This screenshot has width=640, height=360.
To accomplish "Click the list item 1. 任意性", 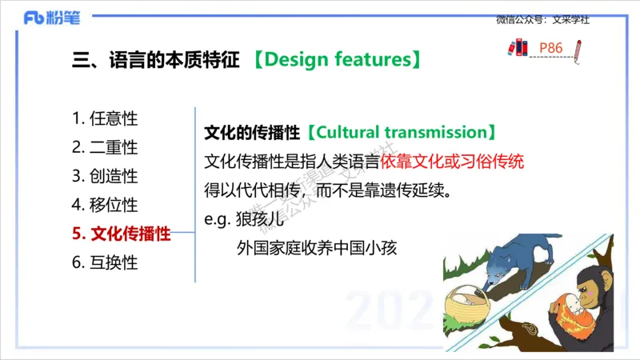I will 105,118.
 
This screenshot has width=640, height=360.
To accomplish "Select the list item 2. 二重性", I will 105,147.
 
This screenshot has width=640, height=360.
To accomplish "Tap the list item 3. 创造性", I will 105,176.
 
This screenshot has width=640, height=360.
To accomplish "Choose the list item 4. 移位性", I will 105,205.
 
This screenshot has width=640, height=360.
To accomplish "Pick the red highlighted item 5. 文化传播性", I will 121,234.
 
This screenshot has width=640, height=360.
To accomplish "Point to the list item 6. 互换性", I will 105,262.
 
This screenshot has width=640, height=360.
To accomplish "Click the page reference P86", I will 551,49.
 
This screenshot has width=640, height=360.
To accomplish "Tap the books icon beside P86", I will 518,49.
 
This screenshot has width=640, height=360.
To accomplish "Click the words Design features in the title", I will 338,59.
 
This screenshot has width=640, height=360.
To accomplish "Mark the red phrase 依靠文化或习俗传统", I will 452,161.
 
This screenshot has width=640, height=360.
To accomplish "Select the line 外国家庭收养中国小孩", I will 317,248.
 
